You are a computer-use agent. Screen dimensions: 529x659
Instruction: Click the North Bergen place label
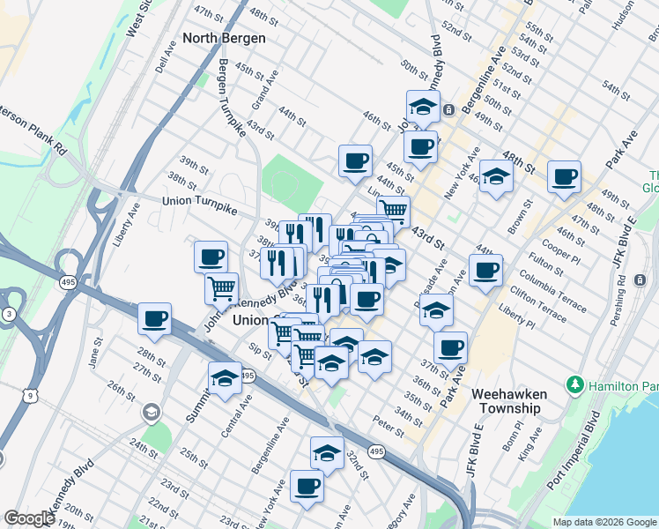point(225,38)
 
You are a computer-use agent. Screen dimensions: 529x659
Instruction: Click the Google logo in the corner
point(29,518)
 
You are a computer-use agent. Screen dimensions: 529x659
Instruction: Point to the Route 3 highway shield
point(8,314)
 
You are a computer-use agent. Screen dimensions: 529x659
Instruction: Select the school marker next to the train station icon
point(423,107)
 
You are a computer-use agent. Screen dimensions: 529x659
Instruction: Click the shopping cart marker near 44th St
point(393,210)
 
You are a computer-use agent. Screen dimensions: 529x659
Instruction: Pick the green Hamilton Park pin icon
point(575,385)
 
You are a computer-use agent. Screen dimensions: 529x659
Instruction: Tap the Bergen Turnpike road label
point(231,97)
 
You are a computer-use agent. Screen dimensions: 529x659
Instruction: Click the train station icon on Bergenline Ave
point(448,110)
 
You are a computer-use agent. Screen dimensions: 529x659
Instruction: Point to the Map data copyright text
point(604,522)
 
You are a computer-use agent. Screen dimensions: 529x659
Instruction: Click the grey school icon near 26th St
point(152,412)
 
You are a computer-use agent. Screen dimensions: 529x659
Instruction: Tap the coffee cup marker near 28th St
point(155,318)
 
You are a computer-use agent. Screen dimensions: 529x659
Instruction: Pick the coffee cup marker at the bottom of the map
point(307,486)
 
